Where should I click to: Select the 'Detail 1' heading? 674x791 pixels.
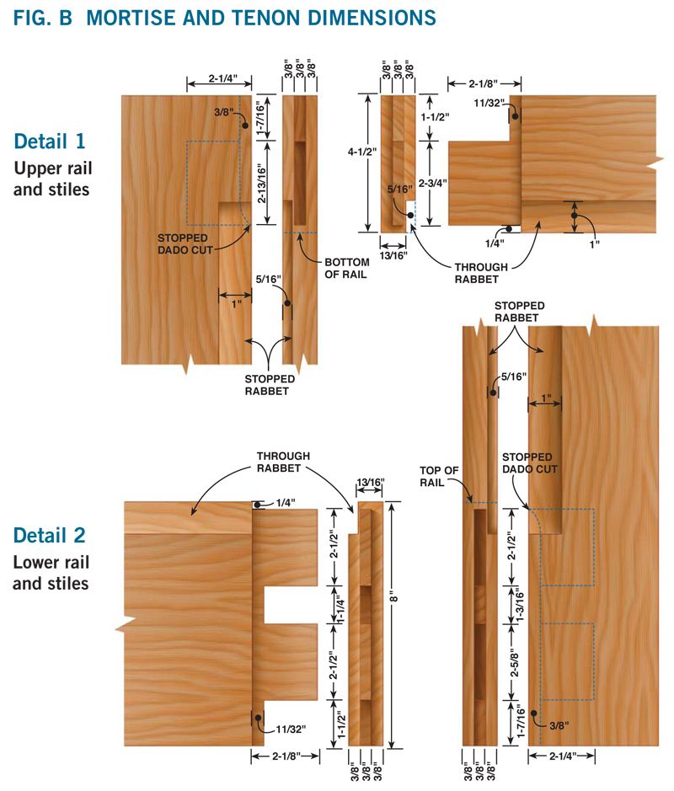tap(50, 142)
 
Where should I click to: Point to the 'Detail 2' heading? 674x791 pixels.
tap(50, 535)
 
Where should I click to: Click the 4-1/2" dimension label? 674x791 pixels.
tap(362, 152)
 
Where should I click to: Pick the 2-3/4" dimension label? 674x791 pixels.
tap(433, 183)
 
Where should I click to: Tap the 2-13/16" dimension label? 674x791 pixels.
tap(261, 183)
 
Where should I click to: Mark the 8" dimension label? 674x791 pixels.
tap(394, 599)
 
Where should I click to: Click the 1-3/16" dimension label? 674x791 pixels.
tap(520, 605)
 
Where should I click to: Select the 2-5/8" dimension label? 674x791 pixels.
tap(514, 662)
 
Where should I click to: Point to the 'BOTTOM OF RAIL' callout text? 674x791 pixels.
tap(346, 269)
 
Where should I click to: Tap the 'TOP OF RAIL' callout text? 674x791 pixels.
tap(439, 476)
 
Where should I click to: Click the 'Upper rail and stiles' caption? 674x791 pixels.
tap(52, 179)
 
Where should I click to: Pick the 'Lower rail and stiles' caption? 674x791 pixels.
tap(51, 573)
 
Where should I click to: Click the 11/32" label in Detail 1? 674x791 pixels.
tap(489, 104)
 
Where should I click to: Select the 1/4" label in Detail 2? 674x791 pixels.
tap(286, 503)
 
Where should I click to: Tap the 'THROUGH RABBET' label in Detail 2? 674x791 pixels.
tap(283, 462)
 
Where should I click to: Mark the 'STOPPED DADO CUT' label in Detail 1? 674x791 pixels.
tap(185, 243)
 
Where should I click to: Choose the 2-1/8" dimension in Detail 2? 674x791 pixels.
tap(286, 756)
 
